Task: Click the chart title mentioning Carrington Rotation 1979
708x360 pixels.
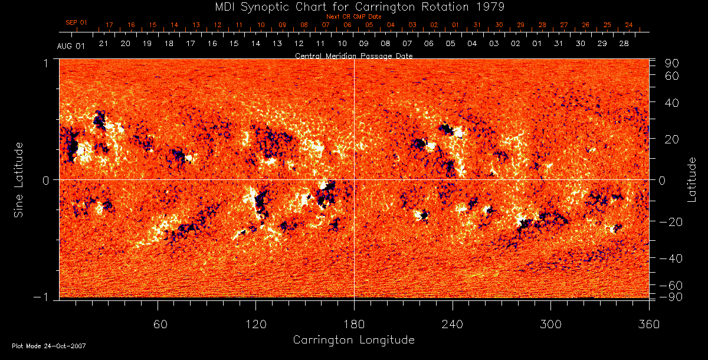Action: [353, 6]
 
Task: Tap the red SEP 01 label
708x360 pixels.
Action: [76, 22]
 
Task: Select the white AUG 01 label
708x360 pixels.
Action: [71, 46]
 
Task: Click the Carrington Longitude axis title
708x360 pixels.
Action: [353, 340]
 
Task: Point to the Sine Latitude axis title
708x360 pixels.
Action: [19, 179]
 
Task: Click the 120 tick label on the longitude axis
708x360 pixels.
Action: [256, 324]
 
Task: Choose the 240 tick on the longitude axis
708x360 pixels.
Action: [453, 324]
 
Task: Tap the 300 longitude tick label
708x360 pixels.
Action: [550, 324]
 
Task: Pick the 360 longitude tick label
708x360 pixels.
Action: [648, 324]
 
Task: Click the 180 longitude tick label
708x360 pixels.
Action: [354, 324]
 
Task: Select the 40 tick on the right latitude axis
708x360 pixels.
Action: [672, 103]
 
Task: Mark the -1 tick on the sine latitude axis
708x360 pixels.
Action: [46, 298]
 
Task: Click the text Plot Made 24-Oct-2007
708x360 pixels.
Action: [49, 346]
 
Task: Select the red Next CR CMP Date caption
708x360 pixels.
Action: [353, 17]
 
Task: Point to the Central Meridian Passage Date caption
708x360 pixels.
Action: [353, 56]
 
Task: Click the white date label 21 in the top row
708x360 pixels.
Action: [103, 44]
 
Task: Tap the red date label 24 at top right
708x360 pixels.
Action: [629, 25]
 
